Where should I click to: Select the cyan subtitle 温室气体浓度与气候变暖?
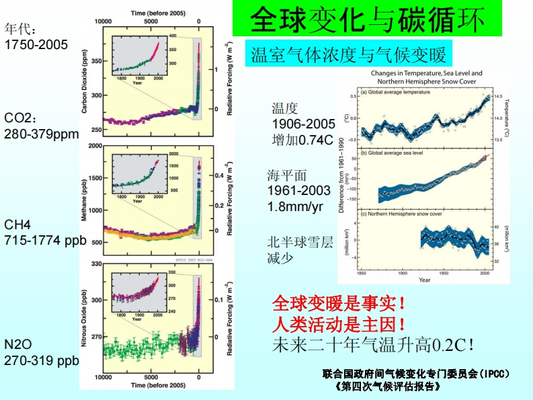pyautogui.click(x=346, y=54)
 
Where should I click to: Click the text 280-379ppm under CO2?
pyautogui.click(x=42, y=134)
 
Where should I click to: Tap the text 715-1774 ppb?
pyautogui.click(x=46, y=240)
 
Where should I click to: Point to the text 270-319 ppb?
pyautogui.click(x=42, y=361)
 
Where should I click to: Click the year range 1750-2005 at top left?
pyautogui.click(x=36, y=45)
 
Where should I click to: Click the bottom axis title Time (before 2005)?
pyautogui.click(x=158, y=385)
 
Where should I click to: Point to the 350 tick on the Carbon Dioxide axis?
pyautogui.click(x=96, y=61)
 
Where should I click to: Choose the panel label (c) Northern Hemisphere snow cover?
pyautogui.click(x=402, y=214)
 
